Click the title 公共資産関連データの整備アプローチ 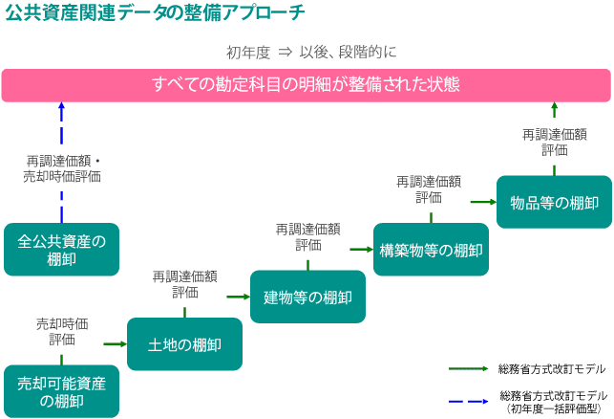(x=155, y=12)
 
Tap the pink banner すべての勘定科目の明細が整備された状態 (x=307, y=85)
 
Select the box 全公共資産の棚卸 (x=61, y=250)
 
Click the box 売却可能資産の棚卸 (x=61, y=391)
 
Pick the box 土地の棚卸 (x=184, y=344)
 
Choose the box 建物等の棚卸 (x=307, y=297)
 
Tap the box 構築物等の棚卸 (x=431, y=250)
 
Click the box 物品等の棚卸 (x=554, y=202)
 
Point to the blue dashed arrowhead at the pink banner (x=61, y=105)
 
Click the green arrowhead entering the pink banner (x=554, y=105)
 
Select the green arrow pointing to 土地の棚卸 (x=116, y=344)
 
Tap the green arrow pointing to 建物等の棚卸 (x=239, y=297)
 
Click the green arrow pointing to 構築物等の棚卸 (x=362, y=249)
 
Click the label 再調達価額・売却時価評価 (x=62, y=168)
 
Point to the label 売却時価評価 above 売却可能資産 (x=62, y=332)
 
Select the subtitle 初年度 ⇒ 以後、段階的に (x=311, y=53)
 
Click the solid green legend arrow (x=468, y=369)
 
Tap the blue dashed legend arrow (x=468, y=402)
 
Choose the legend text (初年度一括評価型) (x=554, y=409)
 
